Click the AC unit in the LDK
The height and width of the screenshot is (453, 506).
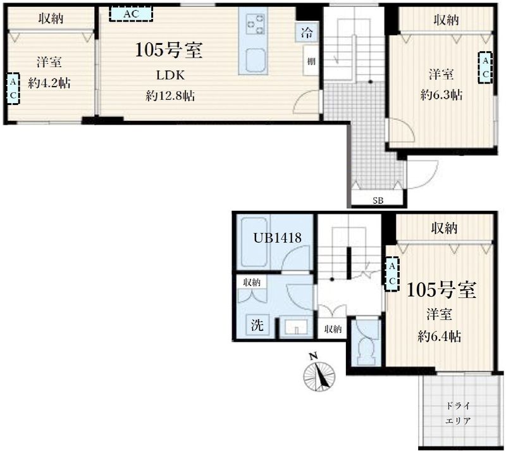[131, 14]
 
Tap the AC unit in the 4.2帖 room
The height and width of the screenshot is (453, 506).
[13, 89]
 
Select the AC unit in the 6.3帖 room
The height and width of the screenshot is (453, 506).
[485, 68]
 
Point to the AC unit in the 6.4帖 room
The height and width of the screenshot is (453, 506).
[392, 274]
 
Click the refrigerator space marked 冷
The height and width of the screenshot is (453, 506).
[307, 33]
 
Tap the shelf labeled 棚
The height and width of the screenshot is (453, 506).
[311, 61]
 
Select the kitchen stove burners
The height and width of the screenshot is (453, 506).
[255, 24]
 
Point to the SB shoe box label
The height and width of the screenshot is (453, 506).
[378, 201]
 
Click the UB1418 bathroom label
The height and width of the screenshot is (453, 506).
[277, 239]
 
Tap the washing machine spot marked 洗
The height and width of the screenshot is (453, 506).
[257, 325]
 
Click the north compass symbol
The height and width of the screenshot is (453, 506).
[319, 375]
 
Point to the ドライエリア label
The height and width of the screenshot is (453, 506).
[457, 413]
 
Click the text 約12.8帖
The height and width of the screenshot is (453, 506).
[170, 96]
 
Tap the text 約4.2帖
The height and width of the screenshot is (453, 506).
[49, 84]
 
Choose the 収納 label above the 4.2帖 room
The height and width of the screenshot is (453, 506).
[51, 18]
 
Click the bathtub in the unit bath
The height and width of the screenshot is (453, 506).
[254, 241]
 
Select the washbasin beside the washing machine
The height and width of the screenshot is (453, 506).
[296, 327]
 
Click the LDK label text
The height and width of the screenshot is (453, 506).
[170, 75]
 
